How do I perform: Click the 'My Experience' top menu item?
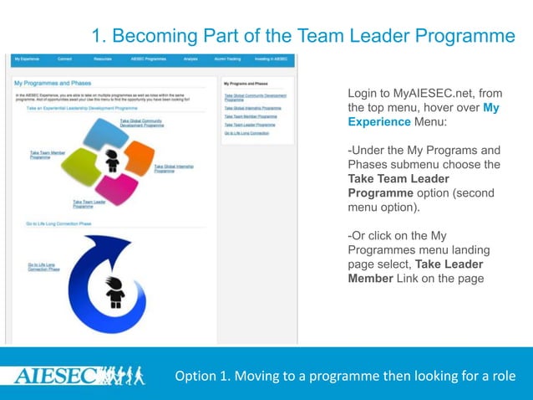click(x=27, y=59)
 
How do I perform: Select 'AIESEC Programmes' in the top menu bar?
click(x=149, y=59)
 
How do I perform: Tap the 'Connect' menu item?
click(x=64, y=59)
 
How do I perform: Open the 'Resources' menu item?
click(x=103, y=59)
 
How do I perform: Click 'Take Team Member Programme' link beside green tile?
click(x=46, y=155)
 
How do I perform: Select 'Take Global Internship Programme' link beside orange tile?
click(x=174, y=167)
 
